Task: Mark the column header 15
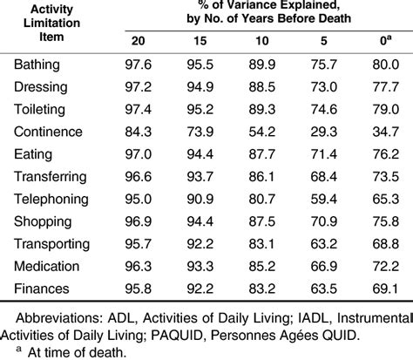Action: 197,42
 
